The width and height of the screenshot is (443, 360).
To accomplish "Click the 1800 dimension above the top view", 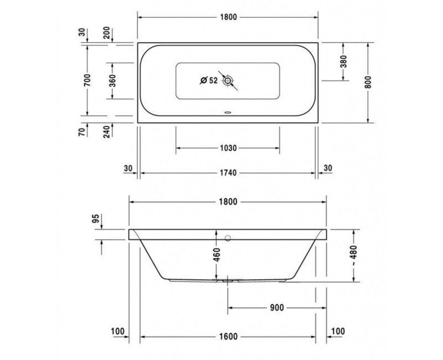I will click(x=227, y=17).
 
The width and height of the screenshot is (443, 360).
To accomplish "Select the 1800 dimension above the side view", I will click(x=227, y=202).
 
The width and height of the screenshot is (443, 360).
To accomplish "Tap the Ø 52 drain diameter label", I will click(x=208, y=81).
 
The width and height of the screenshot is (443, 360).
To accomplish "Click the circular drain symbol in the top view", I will click(x=228, y=81).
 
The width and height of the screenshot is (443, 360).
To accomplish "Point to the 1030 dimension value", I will click(x=227, y=148).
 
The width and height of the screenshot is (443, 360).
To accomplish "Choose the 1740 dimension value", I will click(x=227, y=173).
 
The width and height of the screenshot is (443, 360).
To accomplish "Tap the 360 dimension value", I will click(x=112, y=81).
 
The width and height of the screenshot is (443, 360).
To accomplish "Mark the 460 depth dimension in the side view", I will click(x=217, y=255).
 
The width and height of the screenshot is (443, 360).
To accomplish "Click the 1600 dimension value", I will click(x=227, y=336).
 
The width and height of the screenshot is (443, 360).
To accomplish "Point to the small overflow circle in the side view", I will click(x=228, y=238).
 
